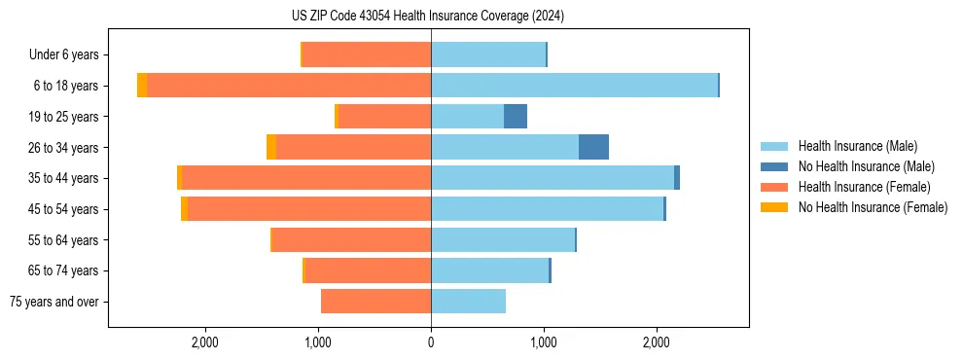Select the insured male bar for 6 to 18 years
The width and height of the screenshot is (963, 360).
pyautogui.click(x=574, y=86)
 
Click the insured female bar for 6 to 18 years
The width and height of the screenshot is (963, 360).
pyautogui.click(x=289, y=86)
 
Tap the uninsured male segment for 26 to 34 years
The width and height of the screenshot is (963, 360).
pyautogui.click(x=593, y=147)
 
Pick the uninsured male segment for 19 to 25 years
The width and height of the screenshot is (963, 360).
pyautogui.click(x=516, y=117)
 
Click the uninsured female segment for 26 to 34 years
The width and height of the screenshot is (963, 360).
pyautogui.click(x=271, y=147)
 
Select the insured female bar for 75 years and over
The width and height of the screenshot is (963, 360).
pyautogui.click(x=375, y=302)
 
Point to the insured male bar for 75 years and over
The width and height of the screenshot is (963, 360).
pyautogui.click(x=468, y=302)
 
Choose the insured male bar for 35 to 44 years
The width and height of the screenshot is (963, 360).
pyautogui.click(x=553, y=178)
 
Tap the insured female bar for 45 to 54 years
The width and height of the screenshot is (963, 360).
pyautogui.click(x=309, y=209)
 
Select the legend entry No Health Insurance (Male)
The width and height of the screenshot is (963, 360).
pyautogui.click(x=866, y=166)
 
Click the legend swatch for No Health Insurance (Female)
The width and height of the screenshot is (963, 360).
pyautogui.click(x=774, y=207)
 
